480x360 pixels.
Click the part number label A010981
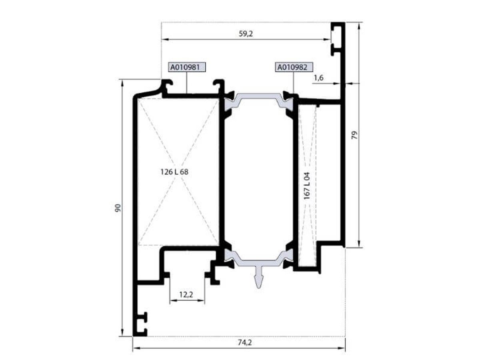tap(186, 67)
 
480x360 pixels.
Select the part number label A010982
tap(294, 67)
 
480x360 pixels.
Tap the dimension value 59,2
tap(246, 34)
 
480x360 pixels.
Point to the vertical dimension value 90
tap(118, 208)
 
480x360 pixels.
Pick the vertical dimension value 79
tap(354, 135)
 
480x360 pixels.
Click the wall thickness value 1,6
tap(319, 78)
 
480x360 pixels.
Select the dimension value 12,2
tap(186, 295)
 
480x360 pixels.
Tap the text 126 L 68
tap(174, 172)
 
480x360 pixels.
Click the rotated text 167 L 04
tap(307, 186)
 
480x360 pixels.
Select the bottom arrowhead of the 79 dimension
tap(359, 244)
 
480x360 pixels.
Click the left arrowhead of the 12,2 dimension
tap(173, 300)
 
